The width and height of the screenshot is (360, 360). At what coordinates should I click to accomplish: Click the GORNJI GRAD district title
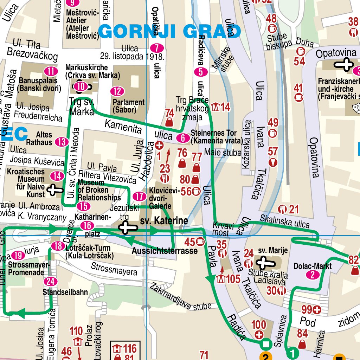point(170,32)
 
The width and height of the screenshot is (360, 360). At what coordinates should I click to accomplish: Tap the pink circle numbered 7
point(157,48)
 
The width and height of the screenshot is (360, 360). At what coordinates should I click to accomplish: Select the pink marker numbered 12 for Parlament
point(117,91)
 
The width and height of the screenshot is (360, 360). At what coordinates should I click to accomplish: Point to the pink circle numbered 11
point(51,71)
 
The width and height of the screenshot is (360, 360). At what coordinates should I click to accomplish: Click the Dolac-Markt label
point(313,266)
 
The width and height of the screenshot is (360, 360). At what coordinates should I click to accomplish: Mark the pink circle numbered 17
point(140,196)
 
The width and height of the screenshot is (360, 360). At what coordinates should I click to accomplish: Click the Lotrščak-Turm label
point(89,252)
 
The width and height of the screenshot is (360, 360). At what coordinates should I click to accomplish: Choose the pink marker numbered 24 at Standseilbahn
point(51,281)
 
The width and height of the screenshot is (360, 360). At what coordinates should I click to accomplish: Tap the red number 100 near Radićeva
point(259,324)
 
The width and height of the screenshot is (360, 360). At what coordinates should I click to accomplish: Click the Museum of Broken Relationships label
point(99,190)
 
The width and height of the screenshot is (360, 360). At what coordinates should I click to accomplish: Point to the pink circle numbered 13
point(62,142)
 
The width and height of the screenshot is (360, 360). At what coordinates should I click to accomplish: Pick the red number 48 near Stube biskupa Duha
point(271,18)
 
